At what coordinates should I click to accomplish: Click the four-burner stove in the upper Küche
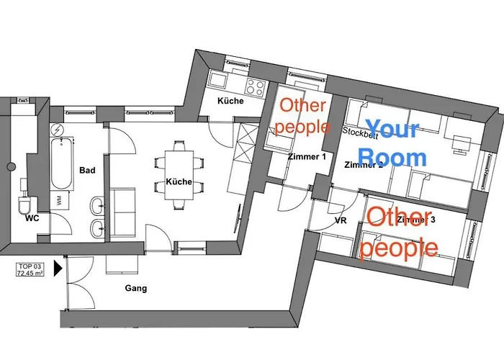tap(255, 86)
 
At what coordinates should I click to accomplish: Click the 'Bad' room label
tap(88, 171)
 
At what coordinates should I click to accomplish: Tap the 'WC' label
tap(32, 217)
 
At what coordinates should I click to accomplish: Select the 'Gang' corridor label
tap(135, 289)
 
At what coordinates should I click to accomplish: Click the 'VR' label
tap(341, 221)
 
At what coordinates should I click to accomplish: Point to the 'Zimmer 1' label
tap(306, 156)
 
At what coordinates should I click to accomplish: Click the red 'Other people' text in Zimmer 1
tap(303, 115)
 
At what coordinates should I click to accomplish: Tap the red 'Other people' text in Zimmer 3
tap(399, 232)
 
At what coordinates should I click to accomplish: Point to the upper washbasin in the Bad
tap(96, 206)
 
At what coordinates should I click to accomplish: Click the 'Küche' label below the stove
tap(231, 101)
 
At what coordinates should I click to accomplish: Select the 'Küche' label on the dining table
tap(179, 181)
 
